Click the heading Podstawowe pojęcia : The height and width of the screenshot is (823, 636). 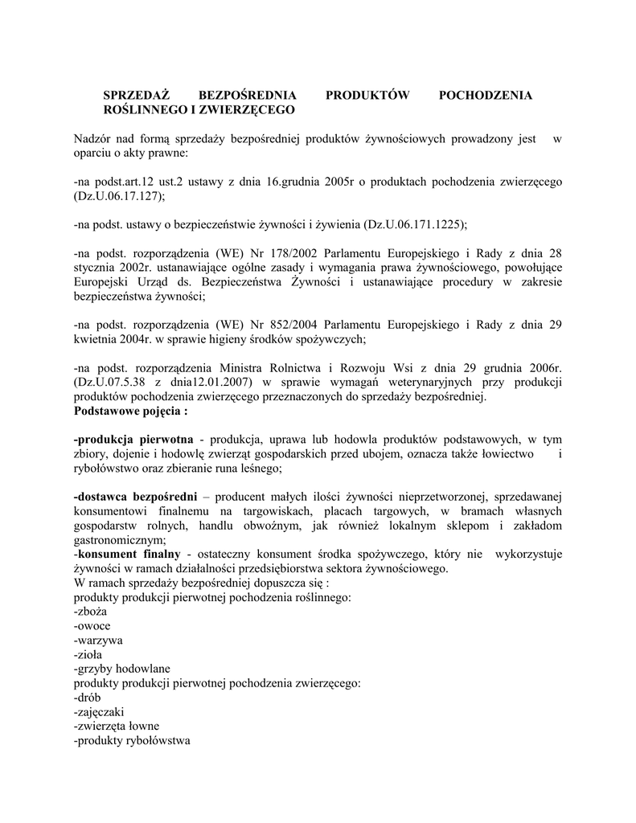130,411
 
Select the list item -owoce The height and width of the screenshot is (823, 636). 92,626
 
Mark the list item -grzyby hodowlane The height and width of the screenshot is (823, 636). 121,669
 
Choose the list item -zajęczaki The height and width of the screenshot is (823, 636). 99,712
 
